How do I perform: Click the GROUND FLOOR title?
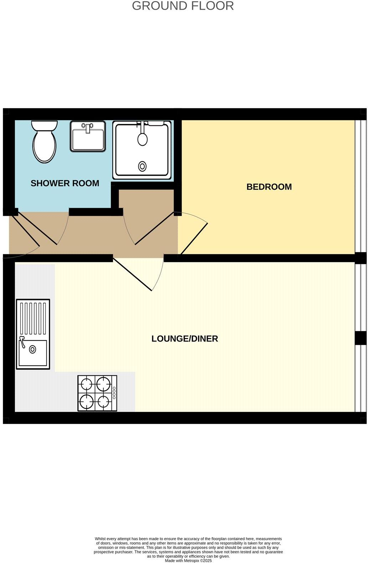[x=183, y=6]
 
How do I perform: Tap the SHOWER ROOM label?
[x=65, y=183]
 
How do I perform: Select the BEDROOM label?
[x=269, y=187]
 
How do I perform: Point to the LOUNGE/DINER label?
[x=184, y=339]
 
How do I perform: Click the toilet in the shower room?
[x=45, y=146]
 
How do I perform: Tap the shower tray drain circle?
[x=142, y=166]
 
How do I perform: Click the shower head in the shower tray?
[x=142, y=139]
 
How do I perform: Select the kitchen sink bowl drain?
[x=32, y=349]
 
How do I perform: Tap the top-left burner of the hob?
[x=87, y=384]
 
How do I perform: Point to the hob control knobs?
[x=114, y=393]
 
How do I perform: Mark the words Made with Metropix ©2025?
[x=188, y=560]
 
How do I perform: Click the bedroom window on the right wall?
[x=361, y=186]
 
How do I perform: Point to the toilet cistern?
[x=45, y=126]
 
